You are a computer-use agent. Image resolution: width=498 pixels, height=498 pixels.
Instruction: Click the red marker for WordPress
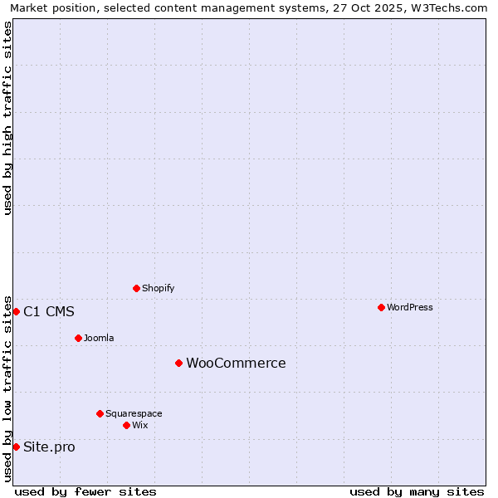click(381, 307)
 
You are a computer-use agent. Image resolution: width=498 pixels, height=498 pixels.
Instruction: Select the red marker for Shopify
click(136, 288)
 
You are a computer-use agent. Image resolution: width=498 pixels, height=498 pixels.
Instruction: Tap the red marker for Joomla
click(78, 338)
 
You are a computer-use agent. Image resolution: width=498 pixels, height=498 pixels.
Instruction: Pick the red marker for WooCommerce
click(178, 363)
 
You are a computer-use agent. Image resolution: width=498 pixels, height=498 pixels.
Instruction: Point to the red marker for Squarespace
click(100, 413)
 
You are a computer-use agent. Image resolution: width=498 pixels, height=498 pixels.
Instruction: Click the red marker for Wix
click(126, 425)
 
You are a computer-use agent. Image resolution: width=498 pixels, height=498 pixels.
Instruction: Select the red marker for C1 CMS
click(16, 311)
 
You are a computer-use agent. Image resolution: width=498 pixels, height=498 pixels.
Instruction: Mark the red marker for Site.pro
click(16, 447)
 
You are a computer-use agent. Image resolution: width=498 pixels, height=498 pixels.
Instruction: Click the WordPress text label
click(410, 307)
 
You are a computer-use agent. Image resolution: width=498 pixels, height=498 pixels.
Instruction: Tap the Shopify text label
click(158, 288)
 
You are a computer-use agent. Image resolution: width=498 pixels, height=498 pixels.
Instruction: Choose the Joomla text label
click(99, 338)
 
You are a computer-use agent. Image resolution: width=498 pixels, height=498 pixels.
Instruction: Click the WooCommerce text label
click(236, 363)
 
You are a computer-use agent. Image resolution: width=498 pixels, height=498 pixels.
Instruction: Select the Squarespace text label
click(134, 413)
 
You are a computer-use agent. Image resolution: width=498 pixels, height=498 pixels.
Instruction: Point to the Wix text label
click(139, 425)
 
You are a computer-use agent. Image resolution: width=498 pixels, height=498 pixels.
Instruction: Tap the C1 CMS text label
click(49, 311)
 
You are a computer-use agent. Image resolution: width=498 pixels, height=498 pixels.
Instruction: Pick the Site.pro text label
click(49, 447)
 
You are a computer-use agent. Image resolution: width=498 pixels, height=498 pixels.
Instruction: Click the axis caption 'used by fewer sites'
click(85, 491)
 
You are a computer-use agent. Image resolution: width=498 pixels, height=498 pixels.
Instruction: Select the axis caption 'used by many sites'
click(417, 491)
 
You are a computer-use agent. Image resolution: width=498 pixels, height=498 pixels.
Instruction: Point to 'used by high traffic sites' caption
click(7, 118)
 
